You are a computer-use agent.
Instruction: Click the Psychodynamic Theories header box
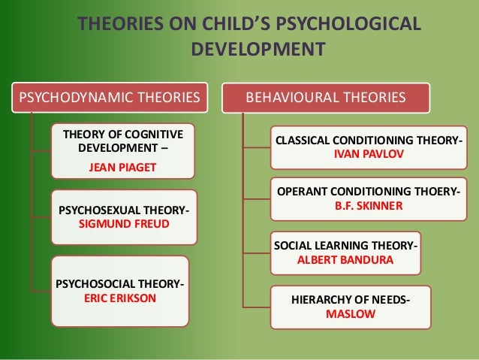(110, 97)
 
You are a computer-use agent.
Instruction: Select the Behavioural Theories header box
(327, 97)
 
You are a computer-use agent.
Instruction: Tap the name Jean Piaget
(123, 167)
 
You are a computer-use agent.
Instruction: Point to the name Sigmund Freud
(123, 225)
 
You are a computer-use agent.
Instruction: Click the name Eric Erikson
(119, 297)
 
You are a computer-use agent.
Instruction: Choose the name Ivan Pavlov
(368, 153)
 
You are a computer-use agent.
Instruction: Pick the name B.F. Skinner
(368, 204)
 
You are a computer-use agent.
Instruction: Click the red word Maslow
(350, 313)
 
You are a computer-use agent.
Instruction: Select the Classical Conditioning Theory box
(367, 147)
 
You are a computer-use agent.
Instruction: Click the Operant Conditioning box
(367, 198)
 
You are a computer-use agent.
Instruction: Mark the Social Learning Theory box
(345, 253)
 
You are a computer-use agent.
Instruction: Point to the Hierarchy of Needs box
(350, 307)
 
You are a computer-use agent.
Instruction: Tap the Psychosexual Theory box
(123, 217)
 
